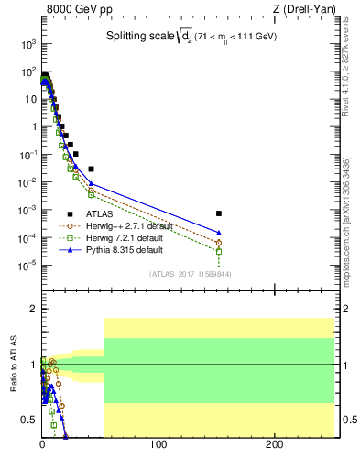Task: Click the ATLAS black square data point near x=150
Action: [x=219, y=213]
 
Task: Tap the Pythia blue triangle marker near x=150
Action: [x=219, y=233]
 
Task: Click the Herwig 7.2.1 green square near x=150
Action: [x=219, y=251]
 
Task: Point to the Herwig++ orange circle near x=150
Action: [x=219, y=243]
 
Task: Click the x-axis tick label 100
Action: [x=158, y=446]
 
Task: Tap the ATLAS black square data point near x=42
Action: [x=91, y=169]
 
